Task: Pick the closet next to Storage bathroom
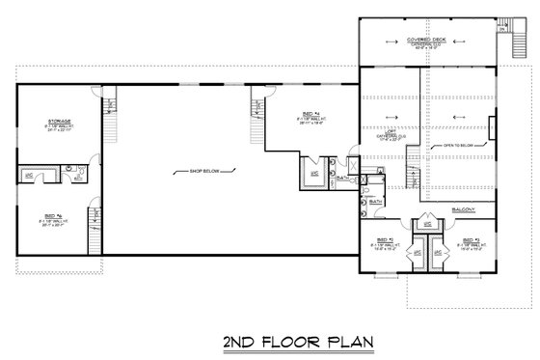[30, 175]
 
